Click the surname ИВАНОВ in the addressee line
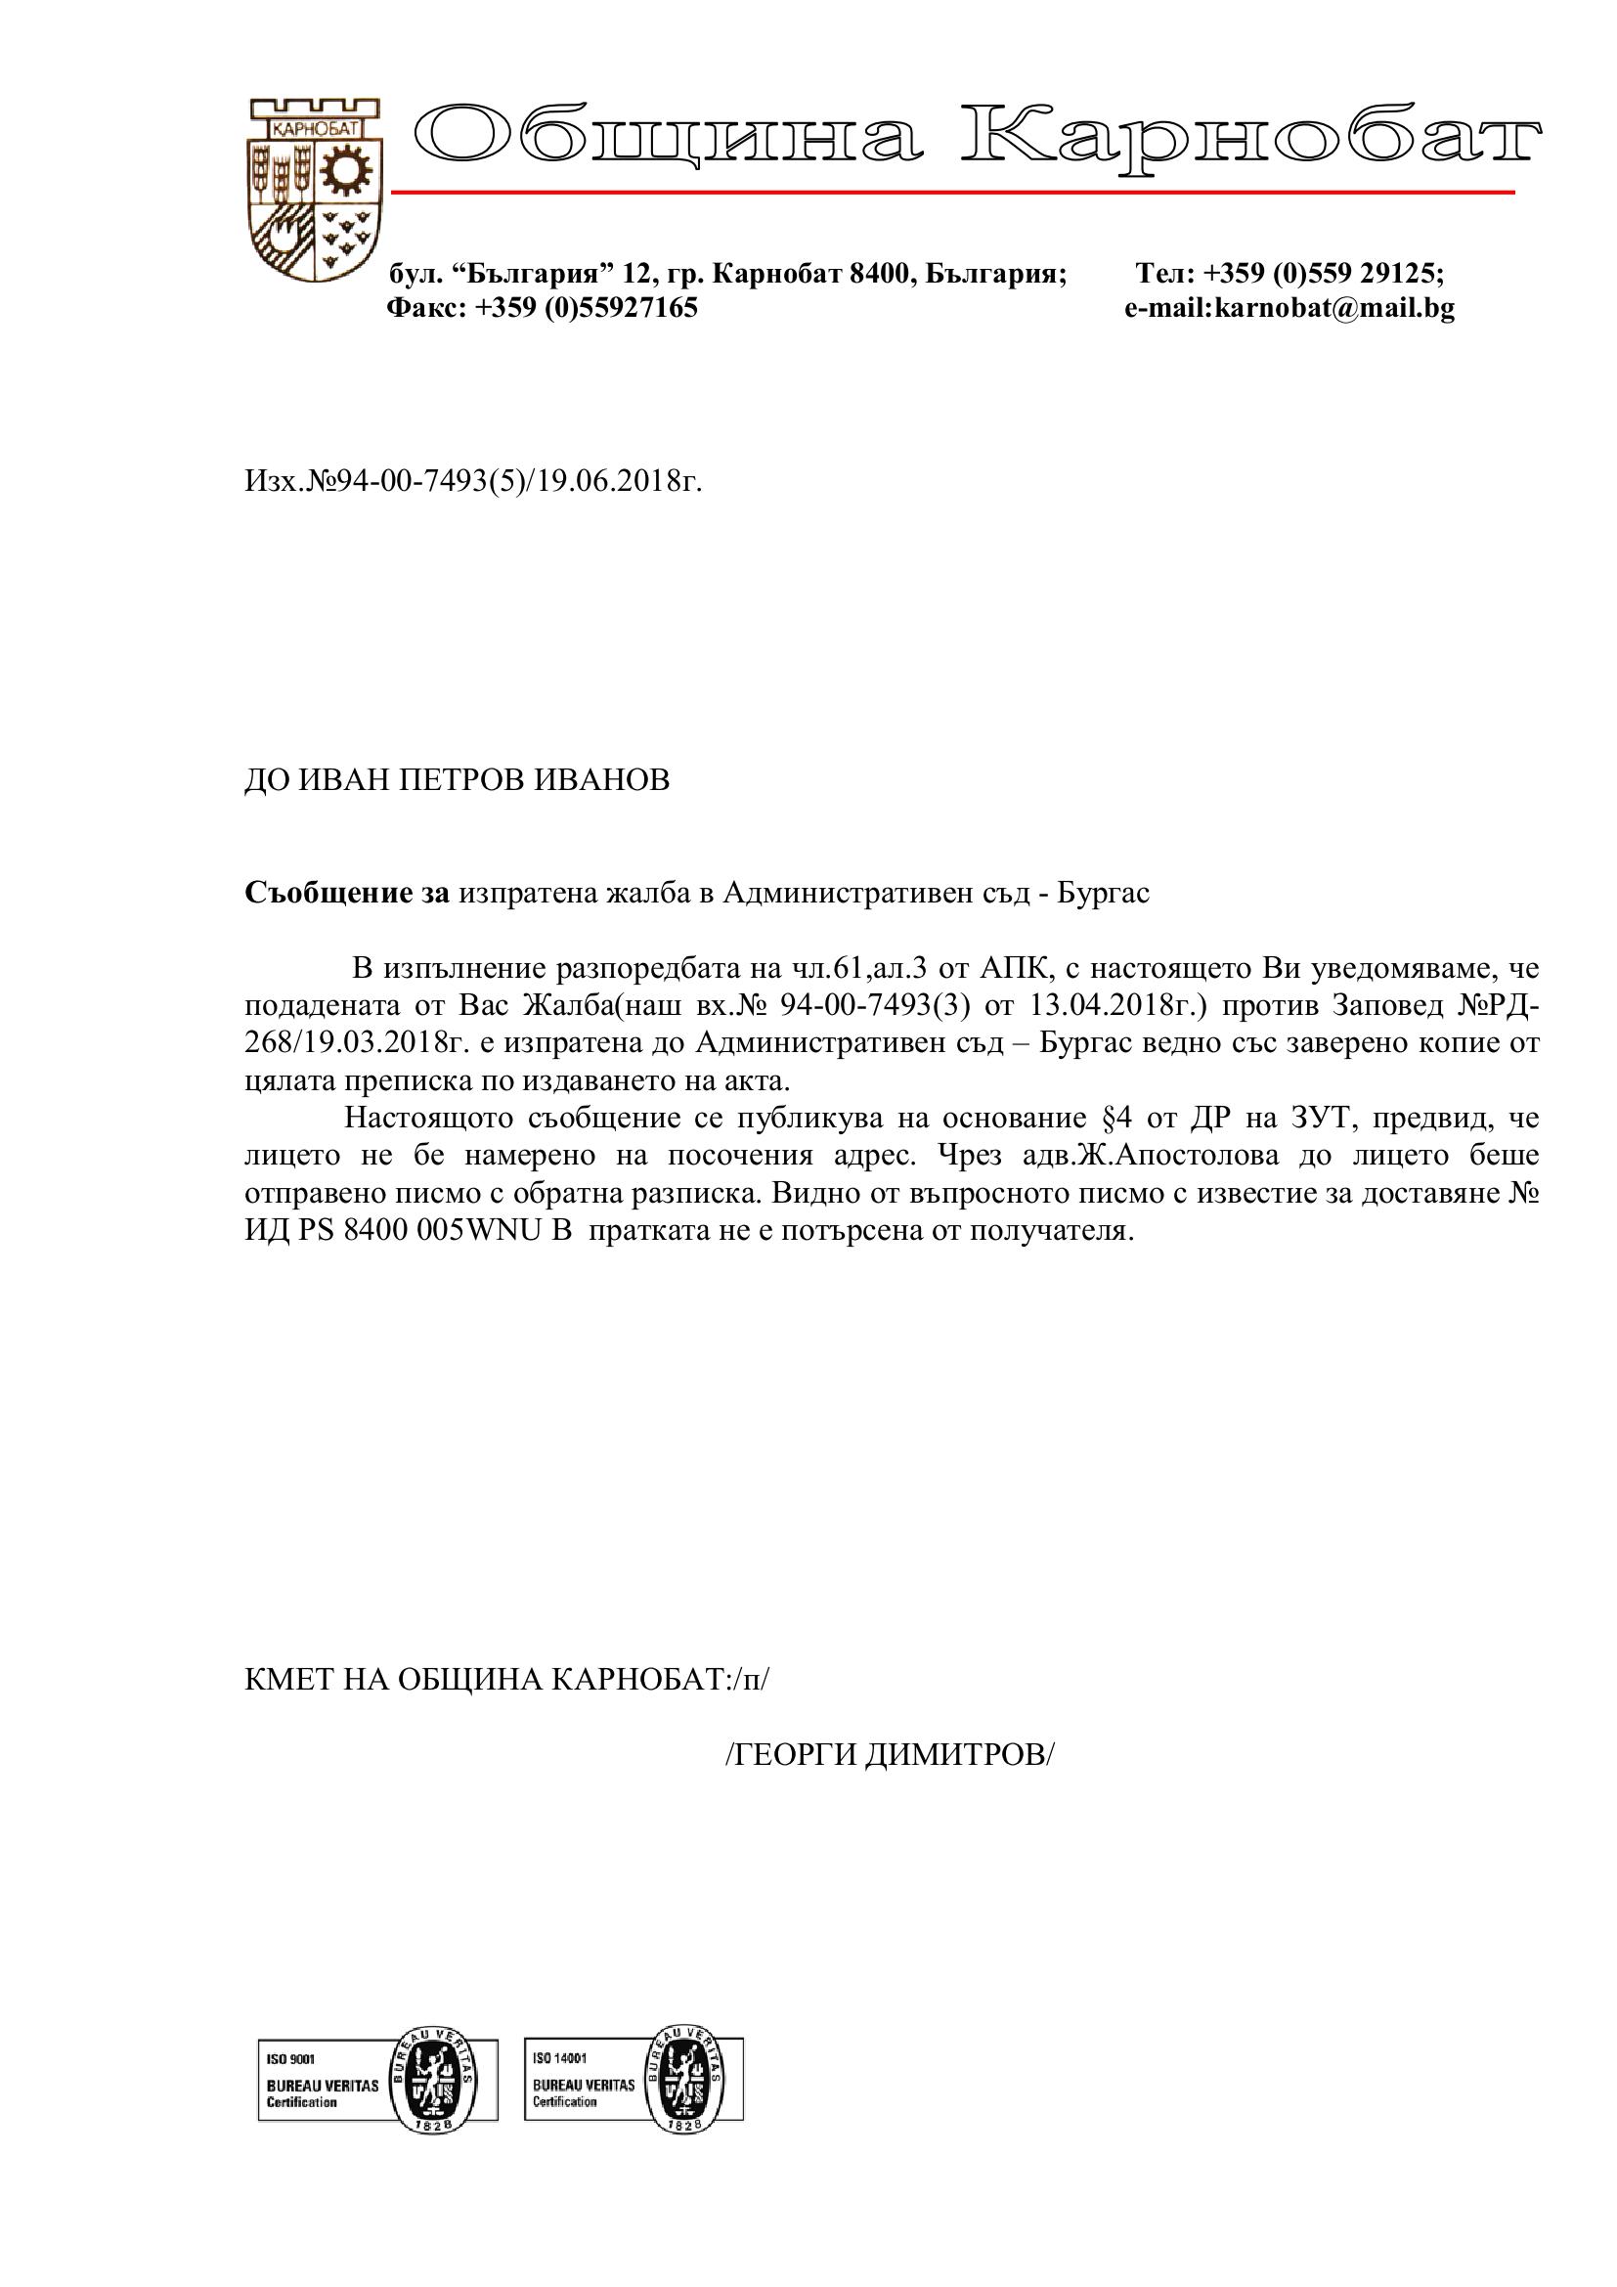point(602,780)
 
